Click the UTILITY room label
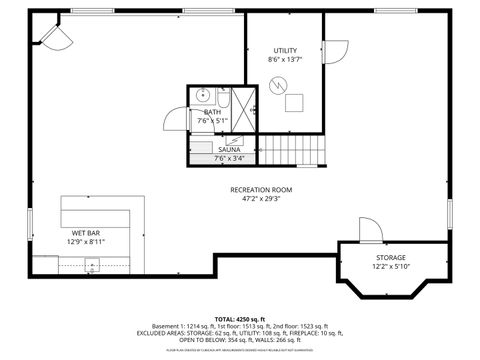click(285, 50)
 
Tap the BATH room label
click(212, 112)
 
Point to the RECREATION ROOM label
click(261, 189)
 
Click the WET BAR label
click(86, 232)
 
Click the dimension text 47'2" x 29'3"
click(261, 198)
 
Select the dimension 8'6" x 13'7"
click(285, 60)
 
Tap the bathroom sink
click(202, 97)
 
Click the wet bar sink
click(91, 265)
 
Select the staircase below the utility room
click(293, 152)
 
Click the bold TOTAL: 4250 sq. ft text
click(240, 318)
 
